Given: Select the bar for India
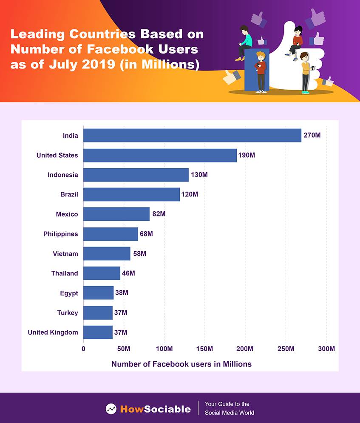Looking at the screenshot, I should tap(192, 136).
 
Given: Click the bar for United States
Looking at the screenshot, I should tap(160, 155).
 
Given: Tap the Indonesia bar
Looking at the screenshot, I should tap(136, 175).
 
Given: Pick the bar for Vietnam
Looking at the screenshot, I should tap(107, 254).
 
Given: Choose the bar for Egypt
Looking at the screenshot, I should tap(98, 293).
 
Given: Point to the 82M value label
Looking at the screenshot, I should tap(159, 214).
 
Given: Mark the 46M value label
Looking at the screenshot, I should tap(128, 273).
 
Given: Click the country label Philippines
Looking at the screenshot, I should tap(61, 234).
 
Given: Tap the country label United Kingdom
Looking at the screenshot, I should tap(53, 332).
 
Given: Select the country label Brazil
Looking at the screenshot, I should tap(69, 195).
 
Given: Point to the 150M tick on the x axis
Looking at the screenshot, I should tap(205, 349).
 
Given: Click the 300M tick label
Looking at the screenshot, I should tap(326, 349).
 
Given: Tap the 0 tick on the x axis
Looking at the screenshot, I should tap(83, 349).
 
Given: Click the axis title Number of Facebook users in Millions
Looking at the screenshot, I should tap(181, 364).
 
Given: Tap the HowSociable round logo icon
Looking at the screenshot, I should tap(111, 409).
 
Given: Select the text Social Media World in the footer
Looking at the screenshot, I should tap(230, 413).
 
